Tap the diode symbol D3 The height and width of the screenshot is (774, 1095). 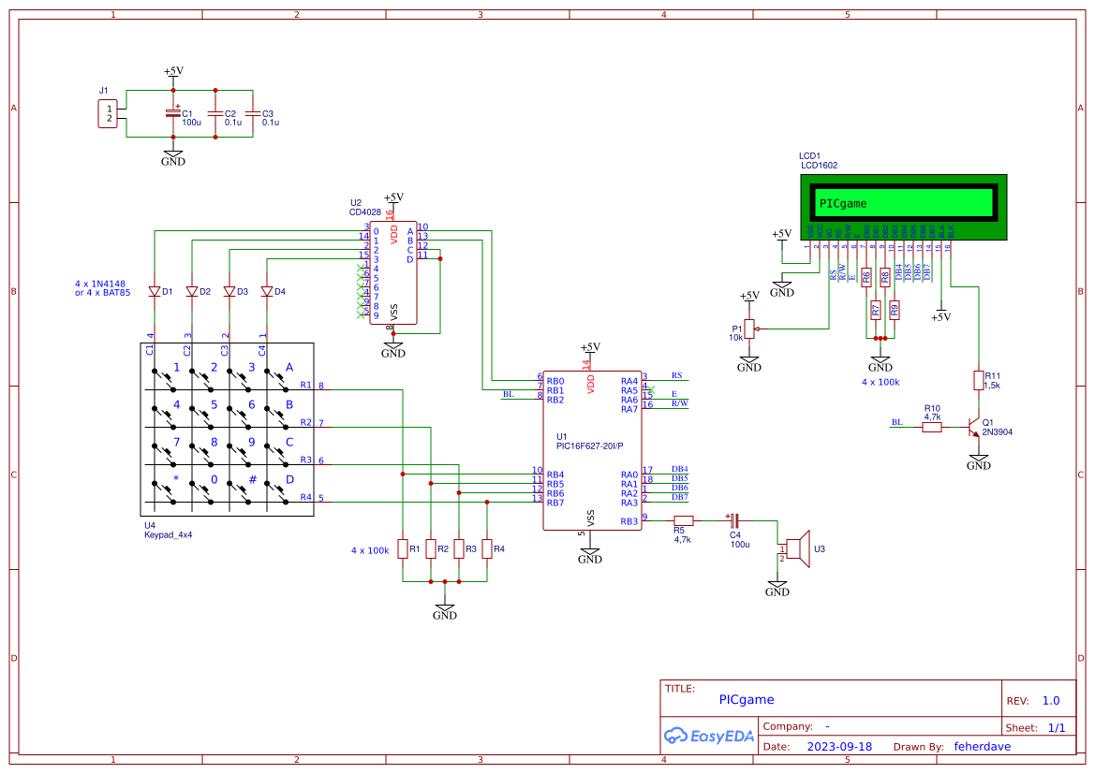tap(229, 291)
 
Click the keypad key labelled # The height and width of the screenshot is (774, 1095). tap(251, 480)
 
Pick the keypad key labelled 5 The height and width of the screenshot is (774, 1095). tap(213, 405)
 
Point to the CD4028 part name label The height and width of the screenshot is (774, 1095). tap(365, 212)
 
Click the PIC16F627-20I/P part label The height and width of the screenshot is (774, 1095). tap(589, 446)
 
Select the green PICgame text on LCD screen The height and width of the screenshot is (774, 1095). tap(843, 203)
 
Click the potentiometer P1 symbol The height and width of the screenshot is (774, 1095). tap(749, 329)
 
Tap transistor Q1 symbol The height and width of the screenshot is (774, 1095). tap(974, 427)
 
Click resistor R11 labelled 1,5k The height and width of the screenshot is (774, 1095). tap(979, 380)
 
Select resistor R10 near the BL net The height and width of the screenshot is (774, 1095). tap(931, 427)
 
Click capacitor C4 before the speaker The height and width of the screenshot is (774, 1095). tap(733, 520)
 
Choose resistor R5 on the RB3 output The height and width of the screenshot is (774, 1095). tap(684, 520)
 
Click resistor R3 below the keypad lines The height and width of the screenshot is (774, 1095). tap(459, 548)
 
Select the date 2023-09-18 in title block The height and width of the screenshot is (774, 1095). tap(839, 747)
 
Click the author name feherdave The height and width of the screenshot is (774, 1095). tap(982, 747)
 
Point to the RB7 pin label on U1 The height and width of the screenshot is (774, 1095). tap(555, 503)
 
